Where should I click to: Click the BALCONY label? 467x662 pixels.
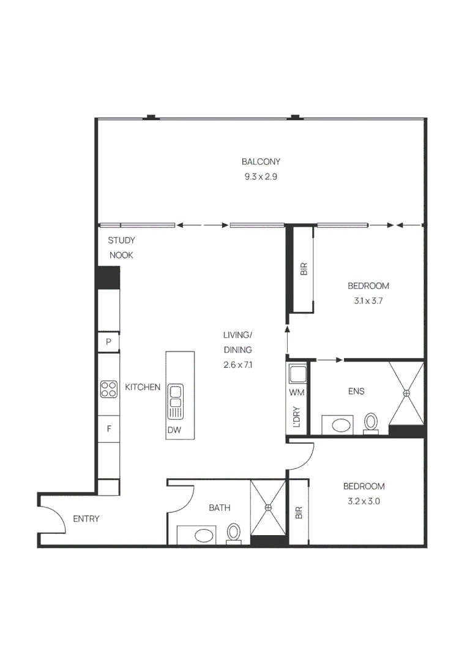tap(261, 161)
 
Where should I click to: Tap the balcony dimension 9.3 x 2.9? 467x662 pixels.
tap(261, 177)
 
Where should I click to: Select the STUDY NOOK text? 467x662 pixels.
tap(121, 248)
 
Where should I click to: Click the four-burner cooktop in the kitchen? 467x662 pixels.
tap(109, 389)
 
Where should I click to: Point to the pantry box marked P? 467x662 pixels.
tap(109, 342)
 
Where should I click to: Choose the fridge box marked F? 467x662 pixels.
tap(109, 429)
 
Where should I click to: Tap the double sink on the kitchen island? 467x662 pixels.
tap(175, 402)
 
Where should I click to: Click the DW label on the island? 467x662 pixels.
tap(174, 430)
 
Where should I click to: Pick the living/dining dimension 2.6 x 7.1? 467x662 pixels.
tap(237, 365)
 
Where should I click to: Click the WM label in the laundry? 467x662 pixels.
tap(297, 392)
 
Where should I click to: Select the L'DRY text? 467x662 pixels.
tap(297, 417)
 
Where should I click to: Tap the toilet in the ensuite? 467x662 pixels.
tap(371, 422)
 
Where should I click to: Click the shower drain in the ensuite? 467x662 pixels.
tap(406, 393)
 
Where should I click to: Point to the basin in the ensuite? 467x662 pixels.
tap(340, 425)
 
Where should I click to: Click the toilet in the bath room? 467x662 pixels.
tap(234, 533)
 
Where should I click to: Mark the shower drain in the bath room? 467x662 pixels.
tap(269, 508)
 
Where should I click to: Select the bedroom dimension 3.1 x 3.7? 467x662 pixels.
tap(368, 301)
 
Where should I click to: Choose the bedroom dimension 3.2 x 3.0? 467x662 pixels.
tap(364, 501)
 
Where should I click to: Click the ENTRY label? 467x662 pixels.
tap(86, 519)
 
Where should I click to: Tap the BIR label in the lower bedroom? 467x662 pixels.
tap(299, 512)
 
